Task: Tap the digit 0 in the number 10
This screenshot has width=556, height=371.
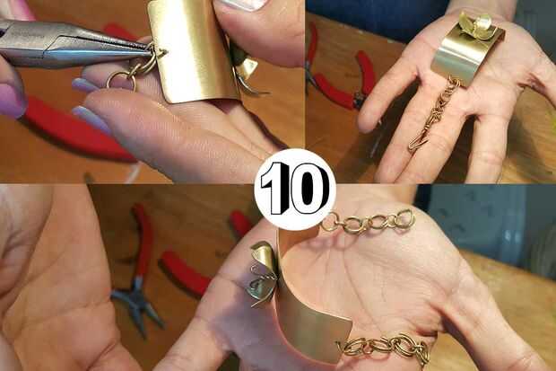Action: click(x=308, y=189)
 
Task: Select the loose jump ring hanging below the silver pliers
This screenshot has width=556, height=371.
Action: click(x=121, y=81)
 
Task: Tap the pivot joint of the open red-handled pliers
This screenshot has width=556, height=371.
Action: click(x=138, y=281)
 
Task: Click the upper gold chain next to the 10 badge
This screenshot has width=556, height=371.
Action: click(x=369, y=222)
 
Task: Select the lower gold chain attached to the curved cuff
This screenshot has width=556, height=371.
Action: click(x=385, y=347)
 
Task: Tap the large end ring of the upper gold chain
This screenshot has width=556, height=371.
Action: click(x=406, y=217)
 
